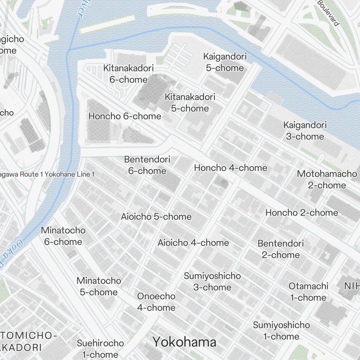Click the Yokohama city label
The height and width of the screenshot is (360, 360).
pyautogui.click(x=184, y=342)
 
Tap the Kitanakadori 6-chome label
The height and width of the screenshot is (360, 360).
pyautogui.click(x=129, y=74)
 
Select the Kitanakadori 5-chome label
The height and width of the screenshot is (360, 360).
pyautogui.click(x=190, y=103)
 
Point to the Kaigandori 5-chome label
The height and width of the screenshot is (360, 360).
pyautogui.click(x=225, y=62)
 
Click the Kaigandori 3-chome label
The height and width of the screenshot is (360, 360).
pyautogui.click(x=305, y=131)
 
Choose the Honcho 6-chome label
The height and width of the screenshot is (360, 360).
pyautogui.click(x=125, y=116)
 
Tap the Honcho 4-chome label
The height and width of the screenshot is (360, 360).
pyautogui.click(x=230, y=168)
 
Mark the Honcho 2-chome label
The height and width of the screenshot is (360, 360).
pyautogui.click(x=302, y=212)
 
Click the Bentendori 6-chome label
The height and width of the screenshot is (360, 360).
pyautogui.click(x=147, y=165)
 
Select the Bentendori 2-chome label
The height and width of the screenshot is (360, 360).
pyautogui.click(x=281, y=249)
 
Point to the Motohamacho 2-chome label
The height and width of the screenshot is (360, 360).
pyautogui.click(x=327, y=179)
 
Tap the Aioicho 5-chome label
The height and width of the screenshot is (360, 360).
pyautogui.click(x=156, y=217)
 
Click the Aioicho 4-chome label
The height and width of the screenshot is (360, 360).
pyautogui.click(x=193, y=243)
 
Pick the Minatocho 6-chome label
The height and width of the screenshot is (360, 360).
pyautogui.click(x=63, y=236)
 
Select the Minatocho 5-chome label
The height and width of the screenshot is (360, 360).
pyautogui.click(x=99, y=286)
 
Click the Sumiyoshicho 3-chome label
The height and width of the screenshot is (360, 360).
pyautogui.click(x=212, y=282)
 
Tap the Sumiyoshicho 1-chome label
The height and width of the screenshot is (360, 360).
pyautogui.click(x=281, y=330)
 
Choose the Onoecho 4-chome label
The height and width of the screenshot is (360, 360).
pyautogui.click(x=156, y=302)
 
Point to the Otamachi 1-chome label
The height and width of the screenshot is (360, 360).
pyautogui.click(x=308, y=292)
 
